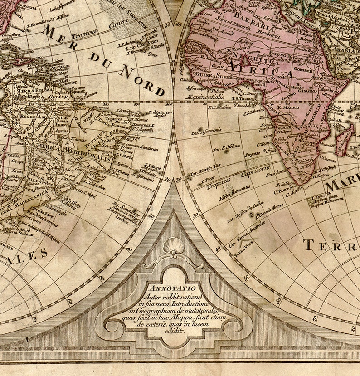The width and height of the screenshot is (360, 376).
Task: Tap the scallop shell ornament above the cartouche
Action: tap(173, 248)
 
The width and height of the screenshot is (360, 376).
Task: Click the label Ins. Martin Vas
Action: tap(204, 169)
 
